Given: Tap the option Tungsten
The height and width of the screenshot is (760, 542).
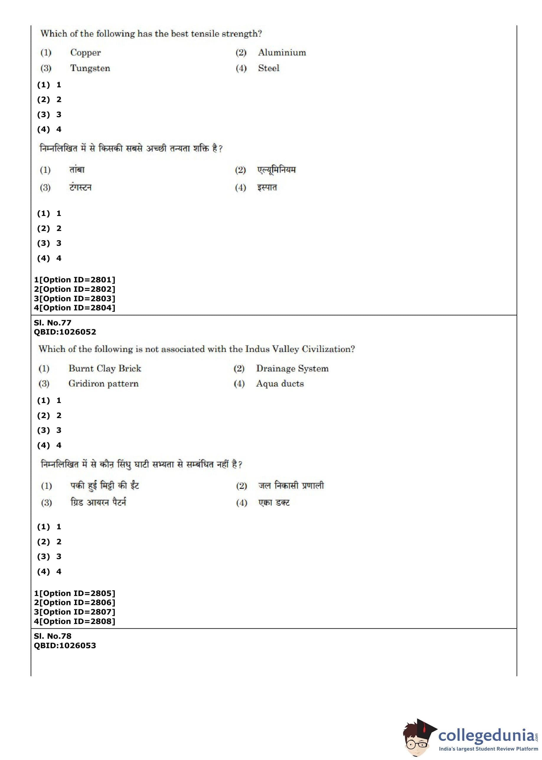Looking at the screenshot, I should pyautogui.click(x=90, y=68).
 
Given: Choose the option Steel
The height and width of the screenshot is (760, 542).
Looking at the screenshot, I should pyautogui.click(x=268, y=68).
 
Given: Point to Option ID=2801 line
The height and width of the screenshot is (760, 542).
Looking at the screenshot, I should pyautogui.click(x=74, y=279).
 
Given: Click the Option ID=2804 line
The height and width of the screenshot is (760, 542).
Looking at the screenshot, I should pyautogui.click(x=74, y=307).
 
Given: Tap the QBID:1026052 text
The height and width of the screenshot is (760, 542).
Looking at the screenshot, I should pyautogui.click(x=65, y=332).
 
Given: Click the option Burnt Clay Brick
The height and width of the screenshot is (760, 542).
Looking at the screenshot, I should pyautogui.click(x=105, y=368).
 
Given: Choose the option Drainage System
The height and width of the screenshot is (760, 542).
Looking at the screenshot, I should pyautogui.click(x=292, y=368).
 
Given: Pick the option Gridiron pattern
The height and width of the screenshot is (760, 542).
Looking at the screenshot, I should pyautogui.click(x=103, y=384).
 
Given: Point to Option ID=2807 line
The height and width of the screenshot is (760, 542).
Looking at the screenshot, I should pyautogui.click(x=74, y=612).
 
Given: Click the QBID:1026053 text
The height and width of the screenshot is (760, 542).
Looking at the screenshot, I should pyautogui.click(x=65, y=645).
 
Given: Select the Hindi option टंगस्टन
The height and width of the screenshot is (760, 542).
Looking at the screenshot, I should pyautogui.click(x=80, y=187).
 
